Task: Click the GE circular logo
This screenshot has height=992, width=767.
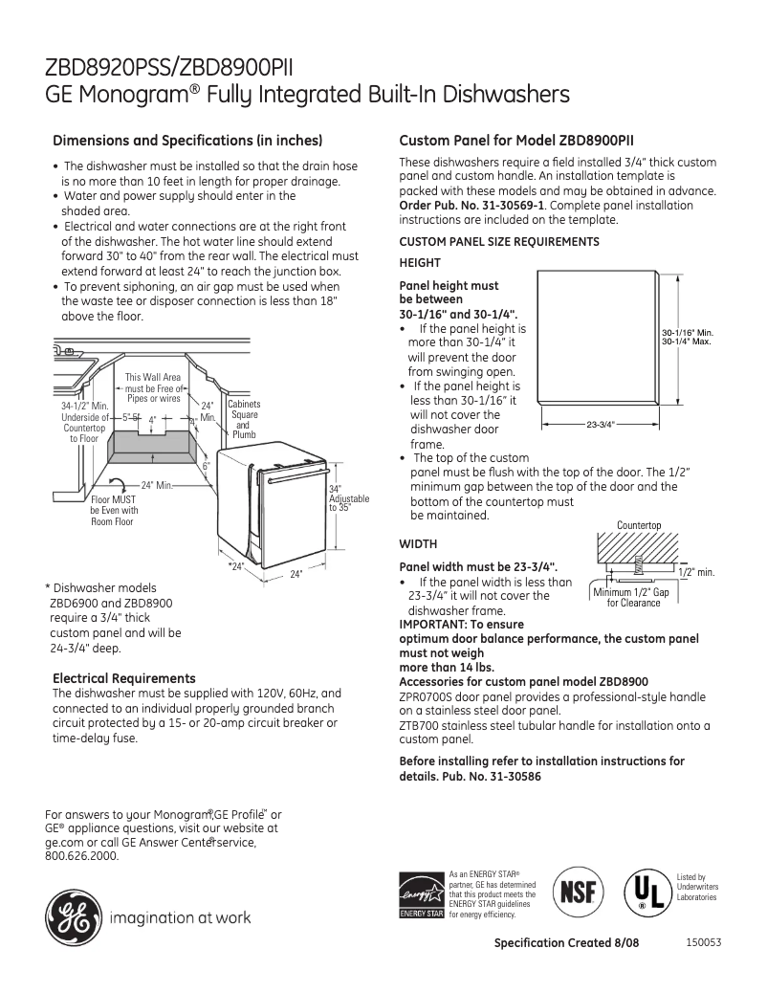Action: pyautogui.click(x=72, y=917)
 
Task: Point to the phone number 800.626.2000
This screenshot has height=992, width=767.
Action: pyautogui.click(x=82, y=856)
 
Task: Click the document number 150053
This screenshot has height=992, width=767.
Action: pyautogui.click(x=703, y=942)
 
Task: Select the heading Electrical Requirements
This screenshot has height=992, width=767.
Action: pyautogui.click(x=124, y=678)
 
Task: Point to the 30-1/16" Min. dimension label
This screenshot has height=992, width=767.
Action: pyautogui.click(x=688, y=333)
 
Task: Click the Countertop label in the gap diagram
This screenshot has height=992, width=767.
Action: pyautogui.click(x=639, y=525)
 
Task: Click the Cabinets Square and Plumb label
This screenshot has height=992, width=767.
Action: pyautogui.click(x=244, y=419)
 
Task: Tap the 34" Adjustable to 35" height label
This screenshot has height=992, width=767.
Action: pyautogui.click(x=347, y=498)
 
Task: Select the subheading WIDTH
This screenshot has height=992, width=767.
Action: pyautogui.click(x=418, y=544)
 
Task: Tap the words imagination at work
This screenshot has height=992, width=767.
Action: pyautogui.click(x=181, y=918)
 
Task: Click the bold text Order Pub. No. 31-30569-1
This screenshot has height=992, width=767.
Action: pyautogui.click(x=471, y=205)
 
